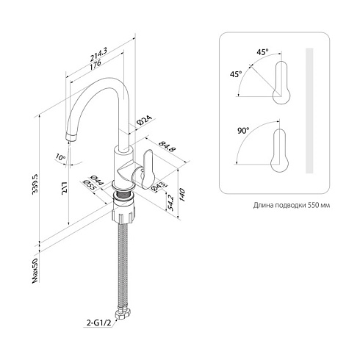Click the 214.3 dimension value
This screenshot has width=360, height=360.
(x=99, y=54)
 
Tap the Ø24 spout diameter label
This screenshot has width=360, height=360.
(x=145, y=120)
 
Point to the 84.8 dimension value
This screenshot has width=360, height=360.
(x=167, y=147)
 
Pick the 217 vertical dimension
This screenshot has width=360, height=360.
(x=64, y=188)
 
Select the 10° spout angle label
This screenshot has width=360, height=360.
(x=60, y=156)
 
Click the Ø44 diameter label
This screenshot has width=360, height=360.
(x=97, y=181)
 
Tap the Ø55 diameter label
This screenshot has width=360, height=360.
(x=90, y=186)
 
